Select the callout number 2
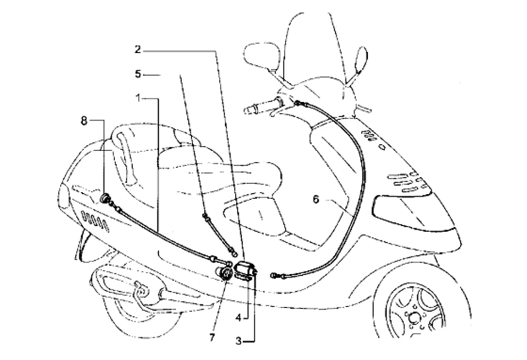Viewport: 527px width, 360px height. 137,50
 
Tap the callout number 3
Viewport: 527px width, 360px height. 238,340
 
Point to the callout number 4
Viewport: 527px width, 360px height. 238,318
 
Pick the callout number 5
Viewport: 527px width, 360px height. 137,74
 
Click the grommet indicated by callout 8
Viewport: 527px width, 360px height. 106,199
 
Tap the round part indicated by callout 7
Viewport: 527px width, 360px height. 225,273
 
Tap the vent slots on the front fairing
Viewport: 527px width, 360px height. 407,183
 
